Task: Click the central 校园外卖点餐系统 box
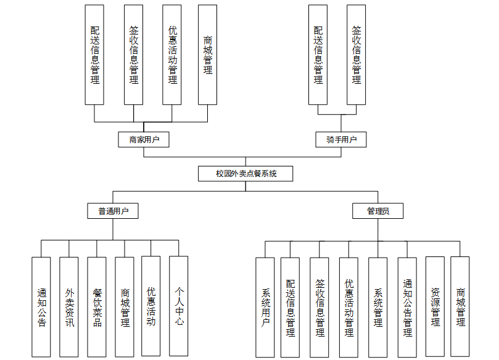pos(245,173)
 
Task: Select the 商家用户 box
pos(144,139)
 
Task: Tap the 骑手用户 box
pos(341,139)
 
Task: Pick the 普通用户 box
pos(113,211)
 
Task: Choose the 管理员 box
pos(378,211)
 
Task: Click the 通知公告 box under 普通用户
pos(41,306)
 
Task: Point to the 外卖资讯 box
pos(69,306)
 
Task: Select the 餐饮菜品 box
pos(97,306)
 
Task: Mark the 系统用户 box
pos(265,307)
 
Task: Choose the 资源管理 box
pos(435,306)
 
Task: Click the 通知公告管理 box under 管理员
pos(407,307)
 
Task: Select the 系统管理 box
pos(377,307)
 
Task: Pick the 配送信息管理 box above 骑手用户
pos(318,54)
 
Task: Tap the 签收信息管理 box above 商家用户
pos(133,54)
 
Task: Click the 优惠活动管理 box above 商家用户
pos(172,54)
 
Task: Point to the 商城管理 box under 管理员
pos(460,306)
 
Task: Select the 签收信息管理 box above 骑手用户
pos(357,54)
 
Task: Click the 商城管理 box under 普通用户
pos(125,306)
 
